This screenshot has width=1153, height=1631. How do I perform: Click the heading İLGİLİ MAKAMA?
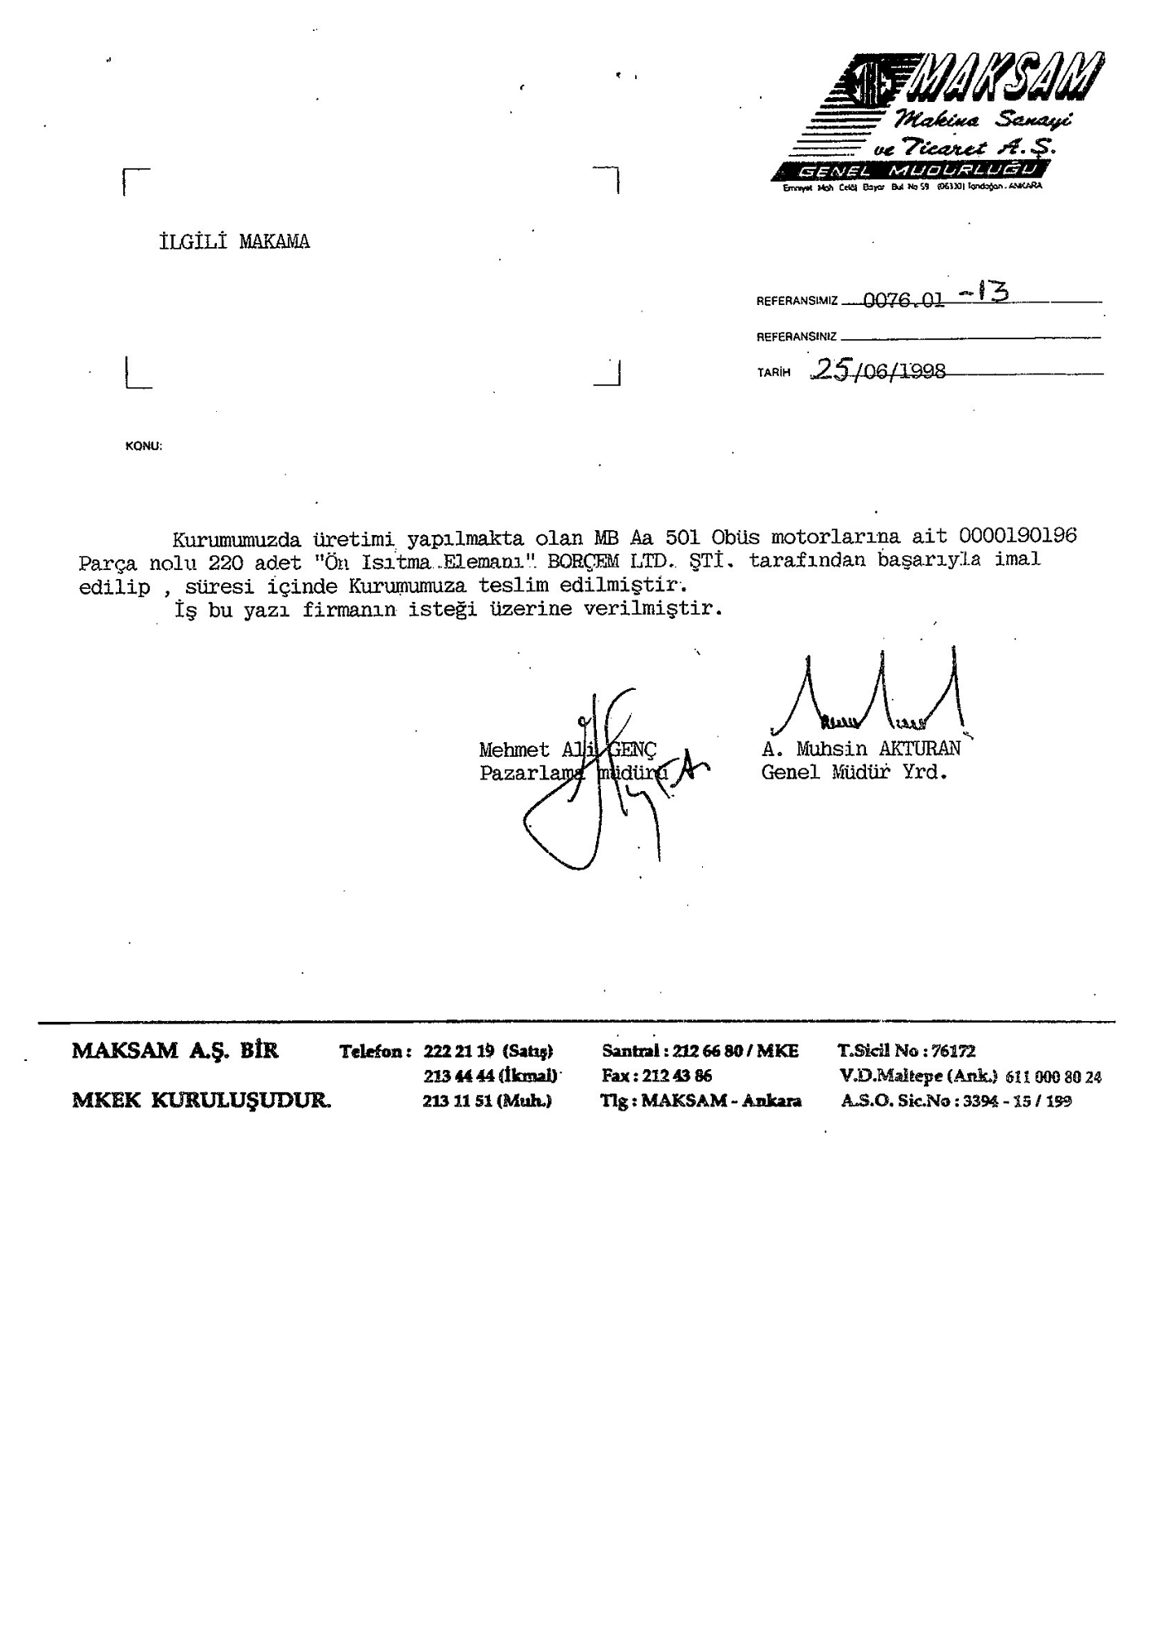(234, 242)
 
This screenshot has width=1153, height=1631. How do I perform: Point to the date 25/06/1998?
(880, 371)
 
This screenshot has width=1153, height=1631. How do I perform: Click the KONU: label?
(144, 446)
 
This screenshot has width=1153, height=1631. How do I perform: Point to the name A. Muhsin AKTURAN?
(861, 748)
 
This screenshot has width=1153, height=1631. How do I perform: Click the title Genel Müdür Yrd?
(854, 772)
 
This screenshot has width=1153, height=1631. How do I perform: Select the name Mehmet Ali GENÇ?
(568, 749)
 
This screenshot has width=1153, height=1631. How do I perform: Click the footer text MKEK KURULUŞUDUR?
(201, 1101)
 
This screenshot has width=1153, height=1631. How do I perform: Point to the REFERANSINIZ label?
(796, 336)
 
